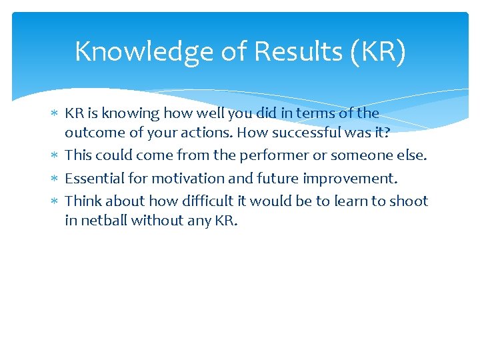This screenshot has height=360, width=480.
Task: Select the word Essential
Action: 93,178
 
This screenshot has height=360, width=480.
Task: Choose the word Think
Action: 81,201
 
